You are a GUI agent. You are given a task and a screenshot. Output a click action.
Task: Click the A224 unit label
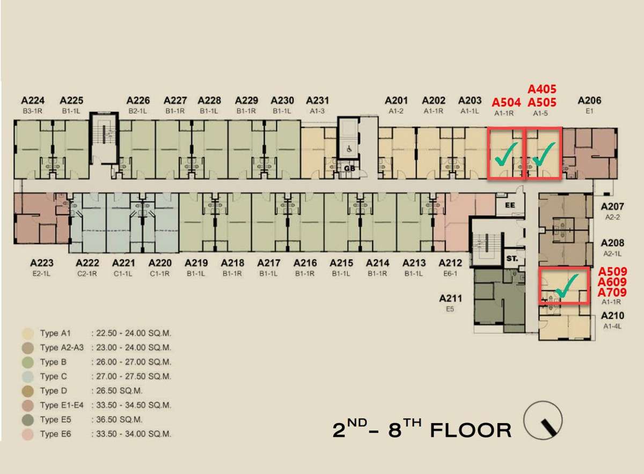[33, 101]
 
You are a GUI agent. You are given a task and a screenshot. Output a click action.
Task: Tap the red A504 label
[506, 102]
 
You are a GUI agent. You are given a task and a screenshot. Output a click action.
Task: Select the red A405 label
[542, 89]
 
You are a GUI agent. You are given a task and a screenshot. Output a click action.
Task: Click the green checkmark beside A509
[567, 286]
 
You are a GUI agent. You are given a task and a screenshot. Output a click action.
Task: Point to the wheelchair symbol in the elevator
[349, 149]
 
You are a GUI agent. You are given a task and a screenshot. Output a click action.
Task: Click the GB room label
[349, 168]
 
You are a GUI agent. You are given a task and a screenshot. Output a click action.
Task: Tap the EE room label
[510, 205]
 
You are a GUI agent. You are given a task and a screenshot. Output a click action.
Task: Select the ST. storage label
[512, 258]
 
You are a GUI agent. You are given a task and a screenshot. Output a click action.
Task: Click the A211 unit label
[450, 299]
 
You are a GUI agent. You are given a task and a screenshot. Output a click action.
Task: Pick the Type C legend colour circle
[27, 376]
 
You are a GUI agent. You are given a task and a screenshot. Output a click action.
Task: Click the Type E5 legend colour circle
[27, 420]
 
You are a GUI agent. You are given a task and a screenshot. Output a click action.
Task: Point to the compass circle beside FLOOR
[543, 420]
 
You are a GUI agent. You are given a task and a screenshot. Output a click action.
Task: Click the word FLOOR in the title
[471, 431]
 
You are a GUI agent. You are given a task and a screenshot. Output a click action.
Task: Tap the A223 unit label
[42, 263]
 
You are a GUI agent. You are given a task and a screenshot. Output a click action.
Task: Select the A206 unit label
[589, 101]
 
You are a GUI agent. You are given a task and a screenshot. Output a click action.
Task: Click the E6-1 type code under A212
[450, 274]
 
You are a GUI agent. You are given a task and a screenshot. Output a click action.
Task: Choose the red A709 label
[612, 292]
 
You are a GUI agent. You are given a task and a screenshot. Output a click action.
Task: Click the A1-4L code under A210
[612, 327]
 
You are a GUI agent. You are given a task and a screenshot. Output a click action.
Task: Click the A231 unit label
[317, 101]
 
